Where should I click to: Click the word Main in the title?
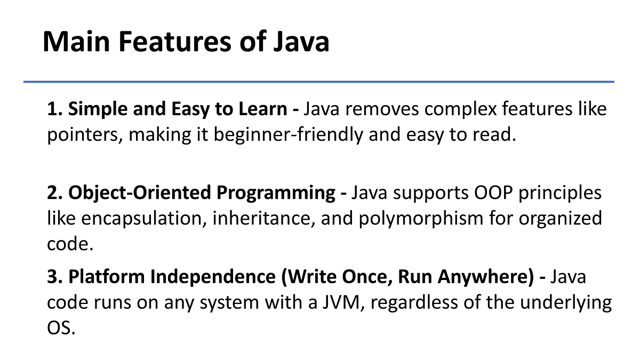[x=76, y=42]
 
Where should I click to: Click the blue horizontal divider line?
[x=319, y=82]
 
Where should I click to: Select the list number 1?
[x=54, y=109]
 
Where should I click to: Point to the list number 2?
[x=54, y=193]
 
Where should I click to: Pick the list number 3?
[x=54, y=277]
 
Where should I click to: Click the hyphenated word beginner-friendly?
[x=289, y=134]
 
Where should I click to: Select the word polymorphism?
[x=421, y=219]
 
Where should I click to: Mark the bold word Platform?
[x=106, y=277]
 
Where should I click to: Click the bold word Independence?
[x=213, y=277]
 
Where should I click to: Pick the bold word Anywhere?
[x=486, y=277]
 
